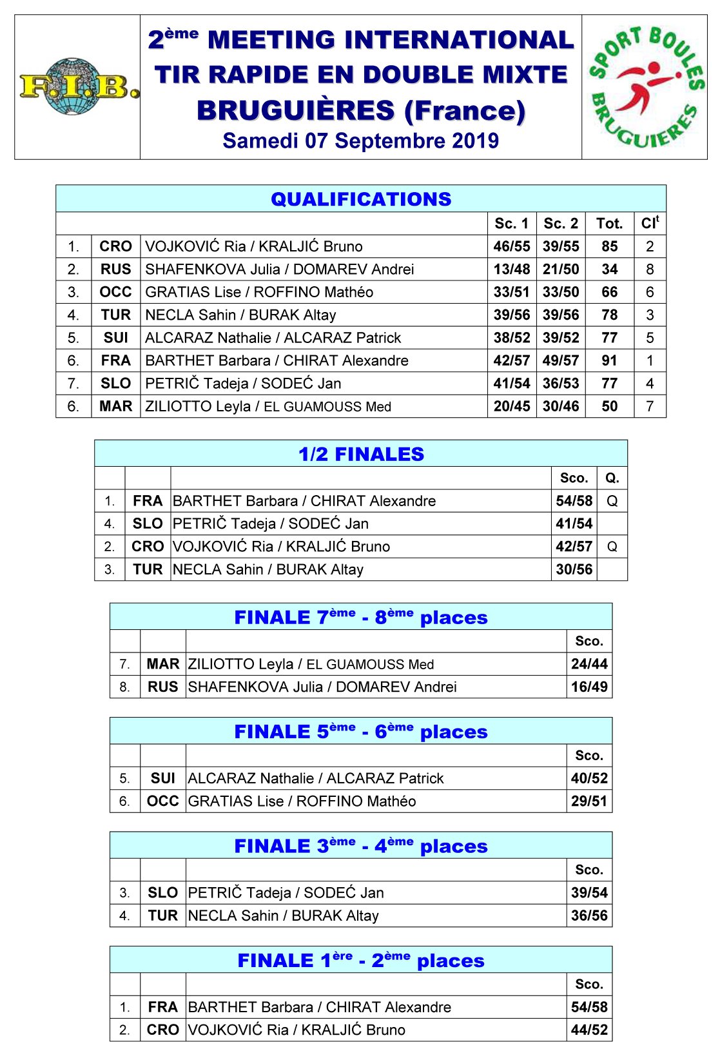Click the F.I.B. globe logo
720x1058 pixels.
78,87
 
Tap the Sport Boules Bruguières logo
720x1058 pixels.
645,87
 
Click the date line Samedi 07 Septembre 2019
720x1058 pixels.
360,141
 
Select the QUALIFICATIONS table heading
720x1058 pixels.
361,199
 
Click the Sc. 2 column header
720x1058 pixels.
561,224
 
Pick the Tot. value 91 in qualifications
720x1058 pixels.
609,360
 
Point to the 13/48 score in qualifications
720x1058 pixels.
512,269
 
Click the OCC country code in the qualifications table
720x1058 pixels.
115,292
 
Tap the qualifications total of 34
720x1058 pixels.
609,269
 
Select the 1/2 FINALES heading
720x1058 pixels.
361,454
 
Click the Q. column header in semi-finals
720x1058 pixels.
612,478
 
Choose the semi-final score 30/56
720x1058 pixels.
574,569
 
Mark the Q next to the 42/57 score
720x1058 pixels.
612,547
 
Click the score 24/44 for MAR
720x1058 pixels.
589,664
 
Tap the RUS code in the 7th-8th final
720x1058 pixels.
162,687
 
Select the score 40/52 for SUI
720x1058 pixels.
589,778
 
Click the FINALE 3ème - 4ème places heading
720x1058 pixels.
361,846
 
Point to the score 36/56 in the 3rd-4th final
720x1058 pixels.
589,916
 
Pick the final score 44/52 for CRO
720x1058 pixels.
589,1030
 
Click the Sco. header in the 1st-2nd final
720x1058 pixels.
589,985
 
